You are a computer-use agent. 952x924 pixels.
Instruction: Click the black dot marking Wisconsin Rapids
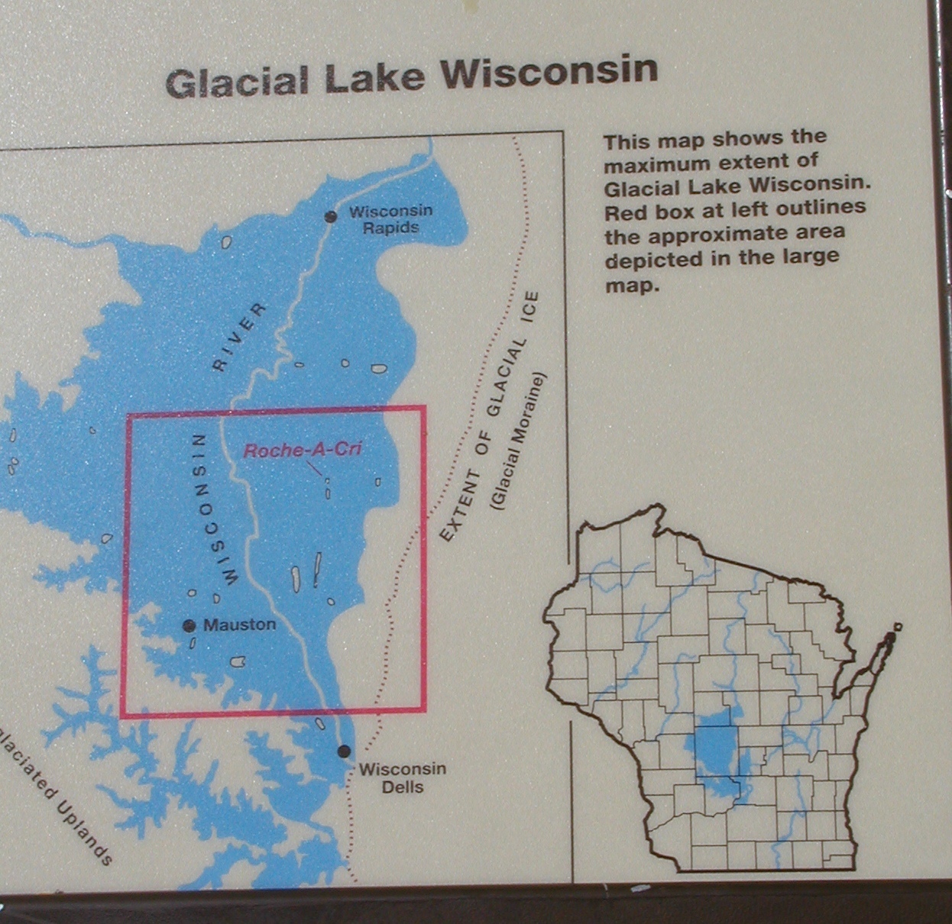click(x=331, y=217)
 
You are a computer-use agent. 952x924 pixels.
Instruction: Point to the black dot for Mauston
click(x=189, y=626)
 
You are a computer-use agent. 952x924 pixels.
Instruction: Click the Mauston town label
click(x=239, y=625)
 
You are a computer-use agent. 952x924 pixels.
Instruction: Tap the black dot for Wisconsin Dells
click(x=344, y=751)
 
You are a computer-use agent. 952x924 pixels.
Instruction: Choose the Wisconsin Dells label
click(x=403, y=777)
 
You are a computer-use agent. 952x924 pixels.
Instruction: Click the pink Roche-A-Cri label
click(x=303, y=450)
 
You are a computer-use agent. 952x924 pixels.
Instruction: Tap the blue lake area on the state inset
click(x=714, y=752)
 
